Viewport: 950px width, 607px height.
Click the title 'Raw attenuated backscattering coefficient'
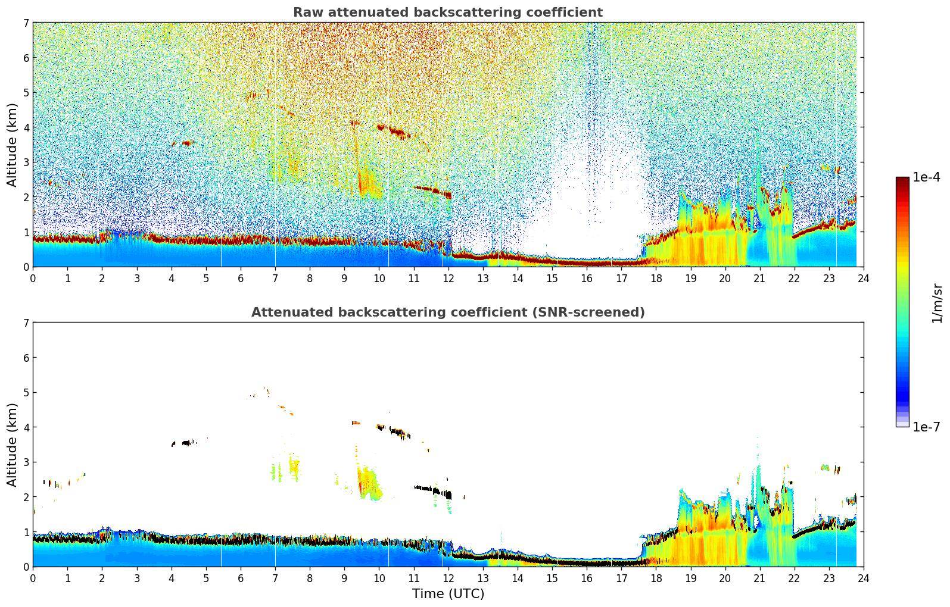(447, 12)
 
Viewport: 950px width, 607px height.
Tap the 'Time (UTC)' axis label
(448, 594)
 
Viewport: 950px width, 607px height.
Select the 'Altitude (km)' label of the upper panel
(13, 145)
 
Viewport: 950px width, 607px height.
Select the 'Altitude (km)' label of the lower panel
(13, 445)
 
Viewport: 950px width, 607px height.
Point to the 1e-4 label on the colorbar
(926, 177)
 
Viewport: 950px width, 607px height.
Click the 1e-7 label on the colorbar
(926, 427)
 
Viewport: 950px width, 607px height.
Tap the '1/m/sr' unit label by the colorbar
(937, 303)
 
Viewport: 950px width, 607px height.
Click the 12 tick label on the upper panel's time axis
(448, 278)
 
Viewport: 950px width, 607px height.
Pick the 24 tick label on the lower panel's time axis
(863, 578)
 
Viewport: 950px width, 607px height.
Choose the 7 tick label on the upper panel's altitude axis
(26, 23)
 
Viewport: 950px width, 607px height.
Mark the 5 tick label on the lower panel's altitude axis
(26, 393)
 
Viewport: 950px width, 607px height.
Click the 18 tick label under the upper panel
(656, 278)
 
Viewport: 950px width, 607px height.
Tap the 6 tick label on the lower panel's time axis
(241, 578)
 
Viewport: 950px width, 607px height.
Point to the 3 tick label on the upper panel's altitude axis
(26, 162)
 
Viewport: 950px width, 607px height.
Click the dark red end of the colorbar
(902, 180)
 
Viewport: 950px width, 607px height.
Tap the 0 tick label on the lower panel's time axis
(33, 578)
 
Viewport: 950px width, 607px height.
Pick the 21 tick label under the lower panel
(759, 578)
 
